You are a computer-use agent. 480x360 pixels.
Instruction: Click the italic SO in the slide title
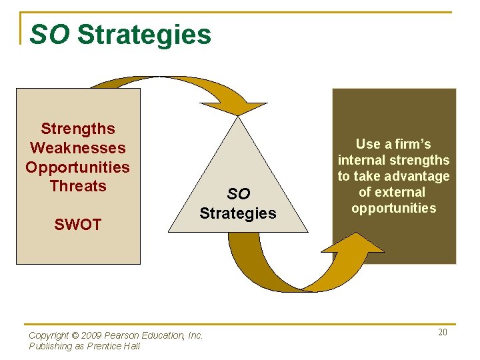tap(49, 35)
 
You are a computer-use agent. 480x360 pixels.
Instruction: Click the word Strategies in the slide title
tap(144, 35)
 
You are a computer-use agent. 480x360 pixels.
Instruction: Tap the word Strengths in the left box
tap(78, 129)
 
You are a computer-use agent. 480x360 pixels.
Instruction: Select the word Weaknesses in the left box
tap(78, 147)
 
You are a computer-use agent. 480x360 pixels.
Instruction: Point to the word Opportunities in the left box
tap(78, 167)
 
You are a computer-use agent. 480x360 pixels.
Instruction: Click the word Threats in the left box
tap(78, 185)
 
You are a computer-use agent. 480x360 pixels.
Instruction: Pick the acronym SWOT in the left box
tap(78, 225)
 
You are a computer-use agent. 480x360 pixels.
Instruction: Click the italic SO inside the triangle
tap(238, 194)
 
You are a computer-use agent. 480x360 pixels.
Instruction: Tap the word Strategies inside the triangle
tap(238, 213)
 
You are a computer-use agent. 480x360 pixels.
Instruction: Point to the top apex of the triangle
tap(238, 119)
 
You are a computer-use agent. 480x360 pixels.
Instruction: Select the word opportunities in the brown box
tap(393, 208)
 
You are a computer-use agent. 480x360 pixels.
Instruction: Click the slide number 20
tap(443, 332)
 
